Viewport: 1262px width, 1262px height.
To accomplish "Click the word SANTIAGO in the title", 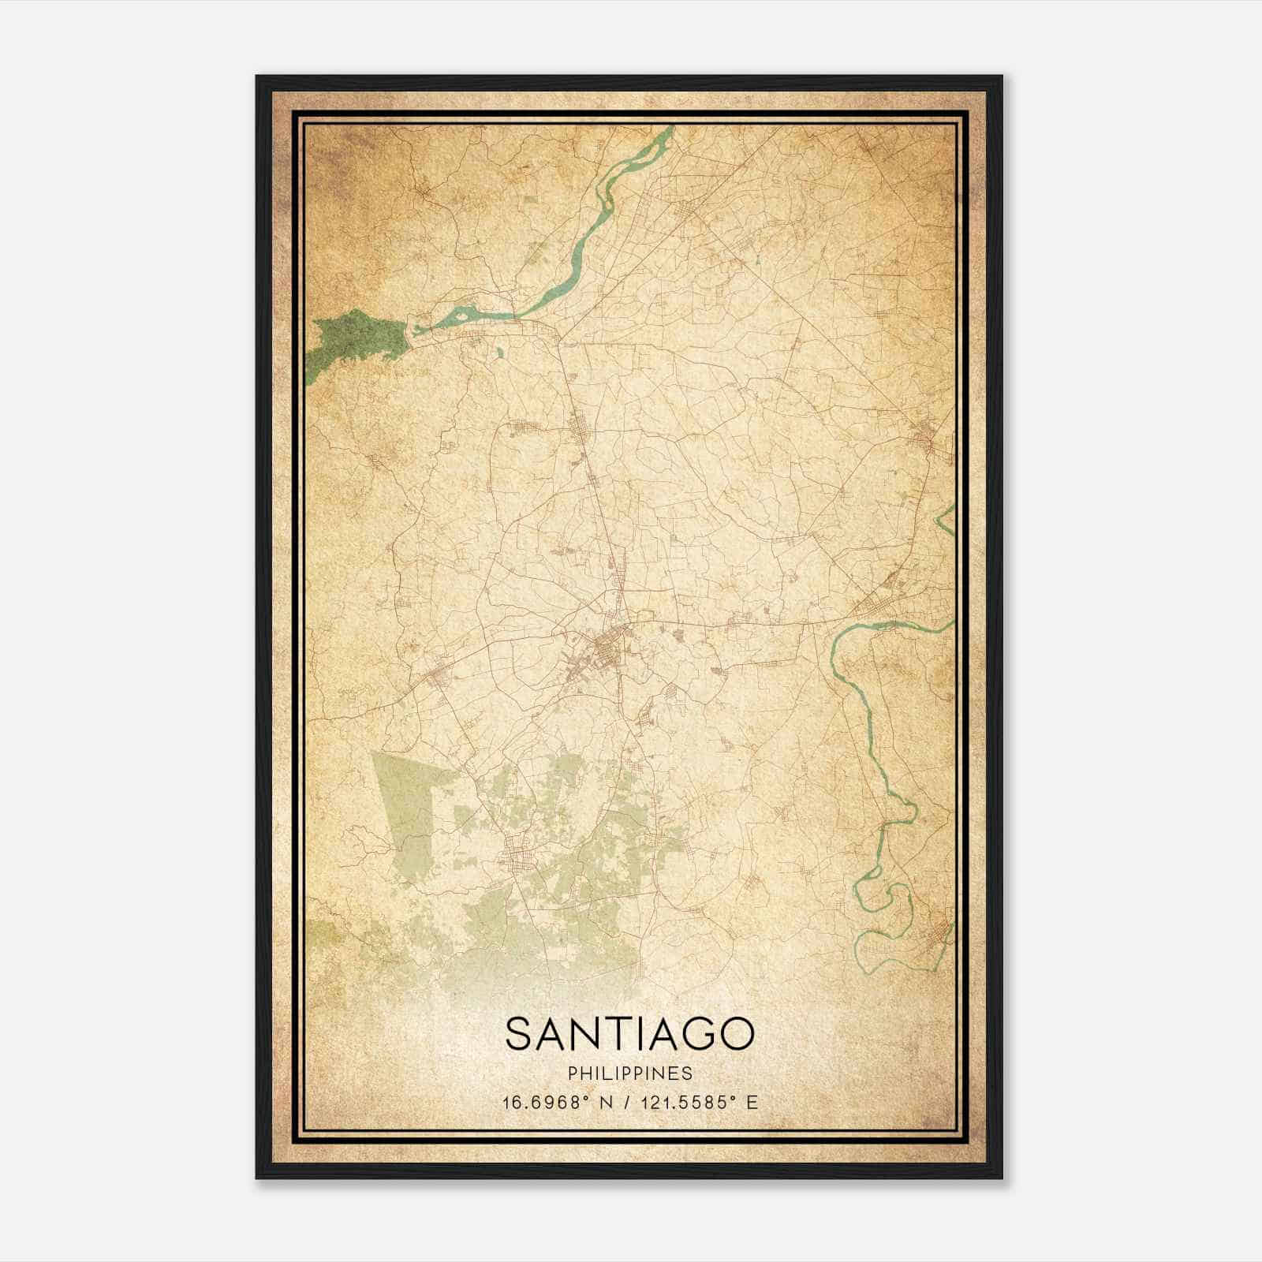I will [629, 1034].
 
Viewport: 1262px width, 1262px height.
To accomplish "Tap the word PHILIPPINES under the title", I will [629, 1073].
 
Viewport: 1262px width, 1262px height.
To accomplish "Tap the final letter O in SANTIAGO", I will [736, 1034].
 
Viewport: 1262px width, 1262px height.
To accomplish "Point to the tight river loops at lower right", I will [887, 899].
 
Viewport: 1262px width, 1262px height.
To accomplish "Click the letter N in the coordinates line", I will [607, 1103].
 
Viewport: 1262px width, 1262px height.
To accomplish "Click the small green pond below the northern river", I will [500, 354].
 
